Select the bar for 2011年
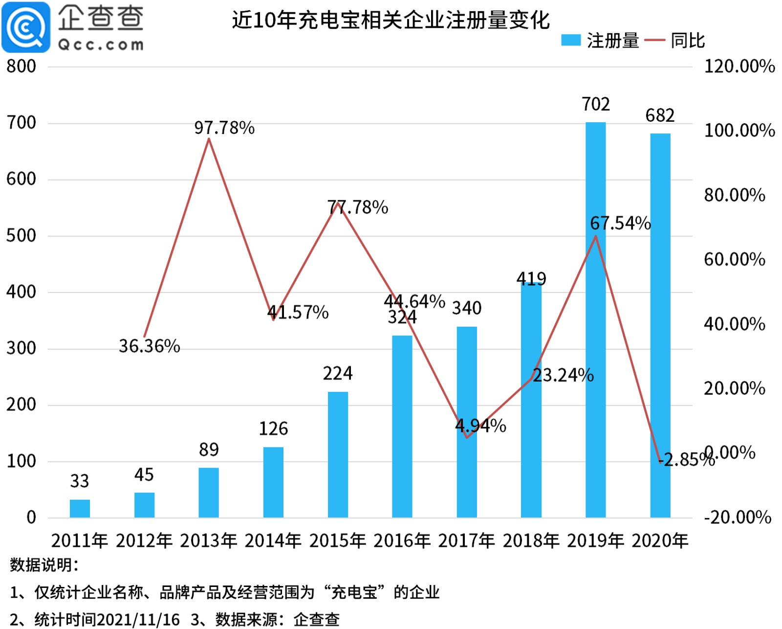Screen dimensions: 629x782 click(80, 508)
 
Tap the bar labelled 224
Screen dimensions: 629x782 click(338, 455)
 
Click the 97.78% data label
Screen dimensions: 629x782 click(224, 128)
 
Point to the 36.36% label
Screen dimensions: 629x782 click(150, 346)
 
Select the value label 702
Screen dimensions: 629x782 click(595, 104)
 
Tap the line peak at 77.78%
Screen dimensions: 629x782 click(338, 202)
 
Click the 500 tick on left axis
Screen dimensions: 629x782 click(21, 236)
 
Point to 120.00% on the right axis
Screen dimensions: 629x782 click(739, 66)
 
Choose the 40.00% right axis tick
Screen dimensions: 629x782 click(734, 324)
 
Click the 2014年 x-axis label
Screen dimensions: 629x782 click(273, 541)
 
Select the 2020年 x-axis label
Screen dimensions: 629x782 click(660, 541)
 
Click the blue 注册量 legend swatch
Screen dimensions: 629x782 click(570, 40)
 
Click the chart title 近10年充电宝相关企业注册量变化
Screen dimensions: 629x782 click(391, 20)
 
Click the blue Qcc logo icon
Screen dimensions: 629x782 click(26, 27)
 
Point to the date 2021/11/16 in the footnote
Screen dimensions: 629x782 click(138, 620)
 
